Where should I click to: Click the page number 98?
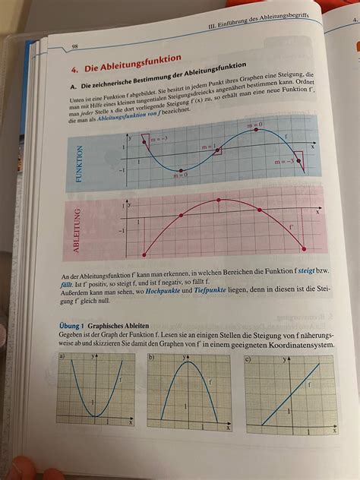(75, 46)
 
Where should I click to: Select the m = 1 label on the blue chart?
(208, 147)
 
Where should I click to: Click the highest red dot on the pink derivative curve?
(219, 199)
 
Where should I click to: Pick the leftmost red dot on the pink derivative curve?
(143, 254)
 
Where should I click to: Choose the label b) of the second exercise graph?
(152, 356)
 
